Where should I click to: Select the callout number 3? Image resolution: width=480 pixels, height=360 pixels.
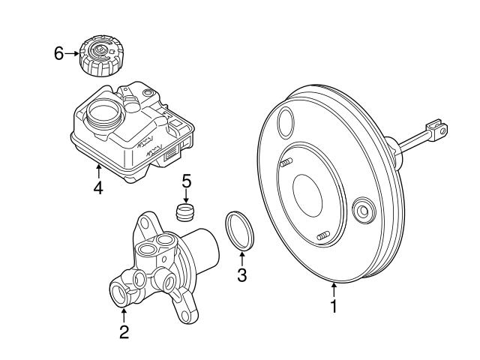pyautogui.click(x=241, y=275)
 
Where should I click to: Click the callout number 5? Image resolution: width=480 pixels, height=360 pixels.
pyautogui.click(x=187, y=181)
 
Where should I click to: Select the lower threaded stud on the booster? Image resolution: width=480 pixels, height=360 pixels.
pyautogui.click(x=323, y=238)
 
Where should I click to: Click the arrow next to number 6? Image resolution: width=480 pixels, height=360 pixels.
pyautogui.click(x=72, y=53)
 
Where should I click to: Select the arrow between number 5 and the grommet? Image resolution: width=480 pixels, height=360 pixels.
pyautogui.click(x=187, y=195)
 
